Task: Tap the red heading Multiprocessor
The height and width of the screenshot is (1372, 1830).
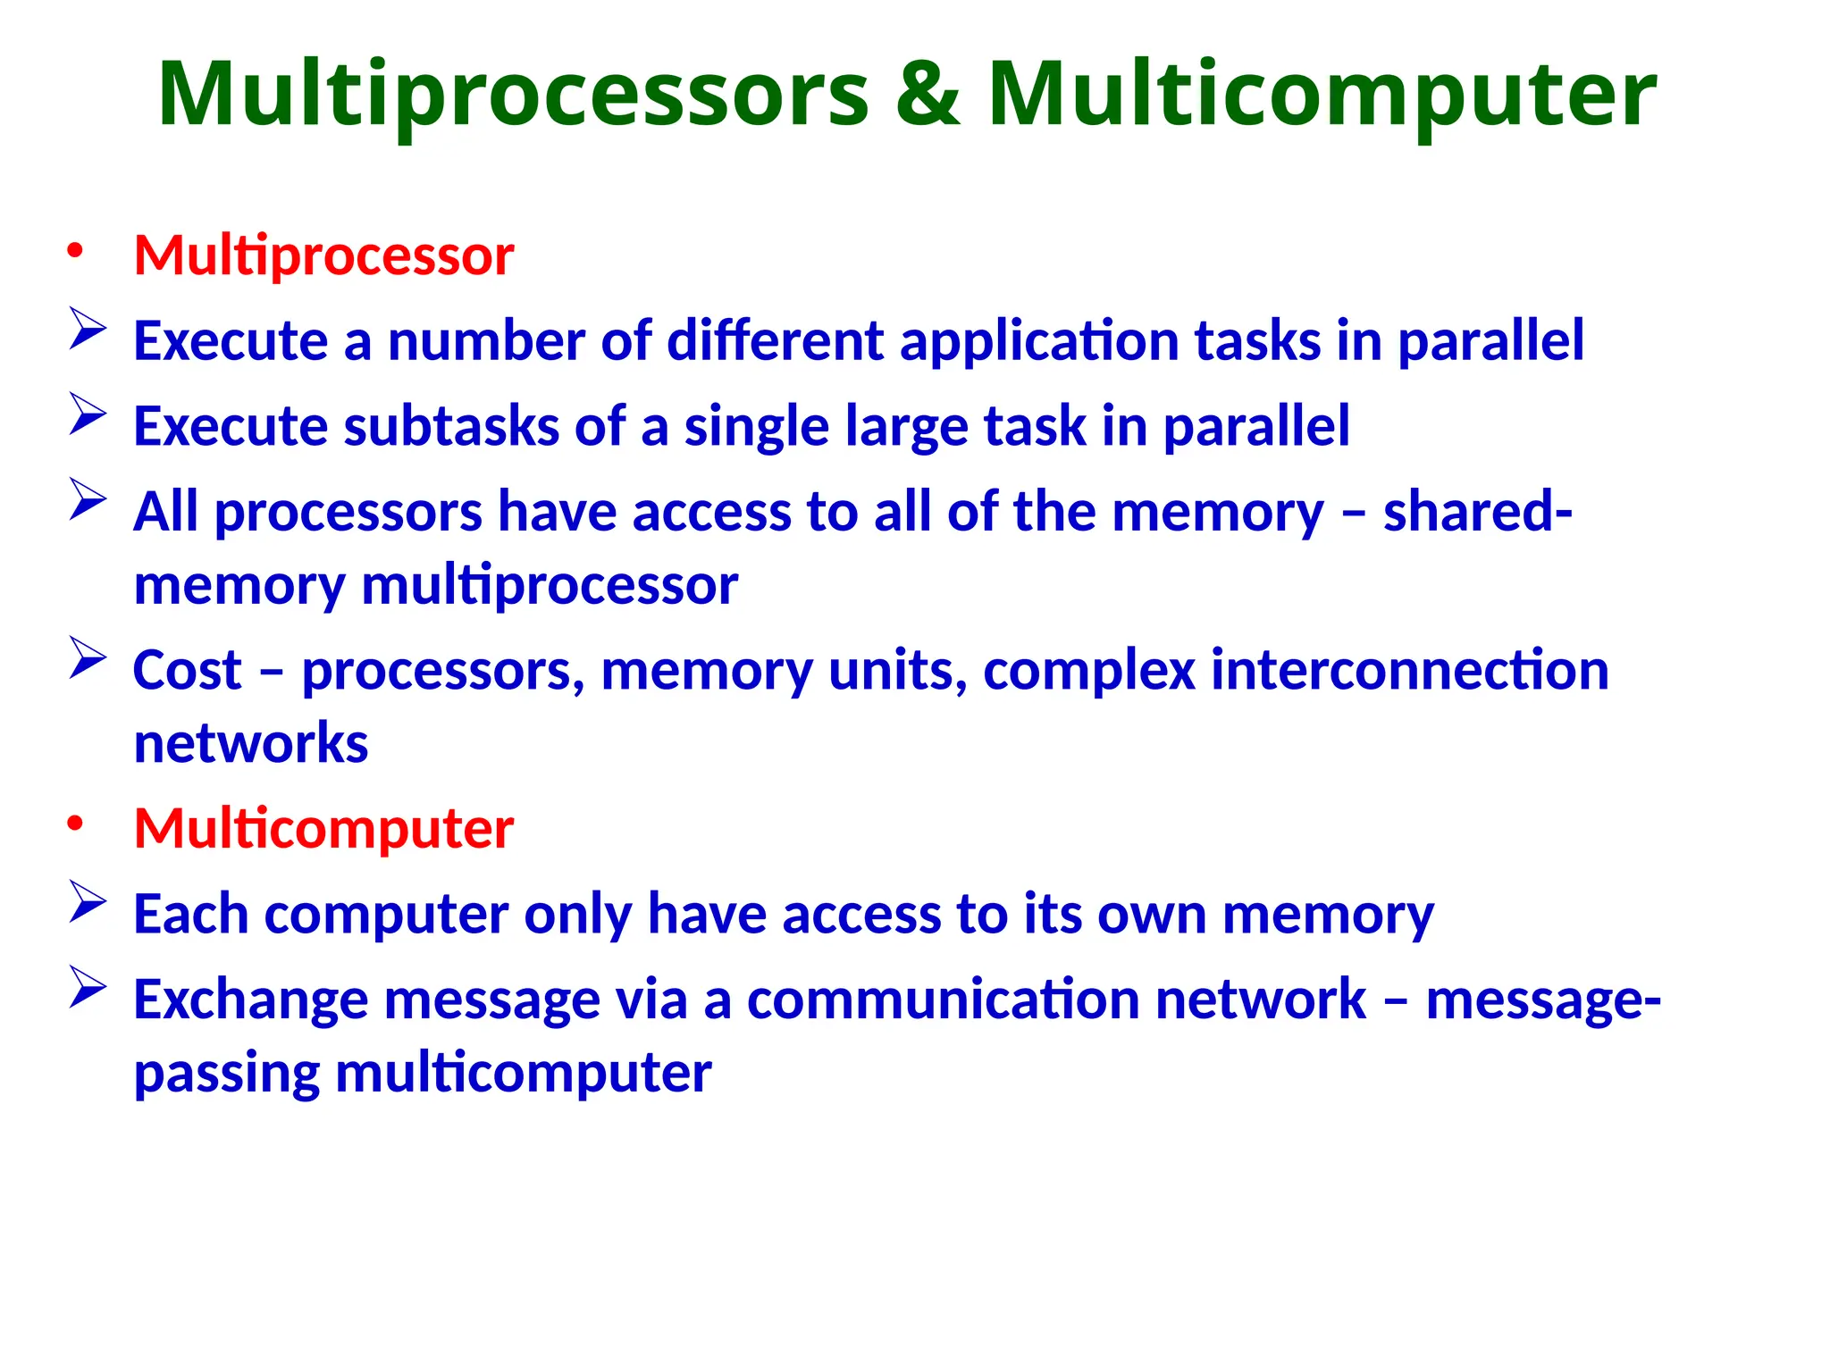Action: (x=323, y=255)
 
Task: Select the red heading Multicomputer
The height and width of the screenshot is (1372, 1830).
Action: (x=323, y=829)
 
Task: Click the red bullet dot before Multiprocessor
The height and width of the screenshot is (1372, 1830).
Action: (x=75, y=252)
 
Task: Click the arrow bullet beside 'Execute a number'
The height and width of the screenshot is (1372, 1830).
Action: (x=88, y=330)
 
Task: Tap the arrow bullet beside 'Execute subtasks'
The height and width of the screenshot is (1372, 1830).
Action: (x=88, y=415)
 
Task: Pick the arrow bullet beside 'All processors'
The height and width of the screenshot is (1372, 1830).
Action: (x=88, y=500)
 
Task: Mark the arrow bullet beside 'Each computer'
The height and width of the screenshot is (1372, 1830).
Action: (x=88, y=903)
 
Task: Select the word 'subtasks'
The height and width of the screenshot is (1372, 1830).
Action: (x=452, y=426)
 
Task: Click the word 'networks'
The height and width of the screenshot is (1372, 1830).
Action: (x=251, y=743)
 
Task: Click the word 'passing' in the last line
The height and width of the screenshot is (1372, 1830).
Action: (x=227, y=1074)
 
